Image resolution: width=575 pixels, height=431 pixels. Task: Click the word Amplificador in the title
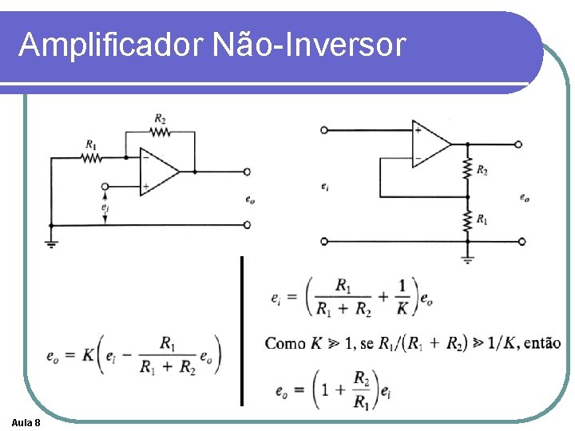(x=111, y=45)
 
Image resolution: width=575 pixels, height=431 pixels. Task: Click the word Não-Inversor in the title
(x=310, y=45)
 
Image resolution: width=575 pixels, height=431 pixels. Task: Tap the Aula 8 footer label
(x=27, y=421)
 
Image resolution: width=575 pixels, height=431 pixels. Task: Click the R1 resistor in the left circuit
(x=92, y=158)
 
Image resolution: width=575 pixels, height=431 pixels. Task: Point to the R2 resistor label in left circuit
(x=161, y=120)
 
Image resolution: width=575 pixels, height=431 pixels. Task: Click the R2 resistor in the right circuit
(x=467, y=169)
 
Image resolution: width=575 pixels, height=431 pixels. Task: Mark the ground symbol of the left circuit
(x=51, y=243)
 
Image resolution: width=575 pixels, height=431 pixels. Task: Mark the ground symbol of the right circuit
(x=467, y=258)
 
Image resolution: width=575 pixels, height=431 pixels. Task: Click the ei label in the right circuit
(x=323, y=186)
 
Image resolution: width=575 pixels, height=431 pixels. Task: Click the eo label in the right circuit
(x=524, y=197)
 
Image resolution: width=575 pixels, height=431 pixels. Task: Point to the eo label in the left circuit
(x=250, y=200)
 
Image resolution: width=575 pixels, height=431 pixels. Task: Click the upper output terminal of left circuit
(x=248, y=171)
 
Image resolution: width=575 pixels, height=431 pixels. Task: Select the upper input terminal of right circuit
(x=323, y=130)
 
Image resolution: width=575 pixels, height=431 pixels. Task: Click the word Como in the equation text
(x=285, y=343)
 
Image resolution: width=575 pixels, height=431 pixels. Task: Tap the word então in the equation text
(x=542, y=343)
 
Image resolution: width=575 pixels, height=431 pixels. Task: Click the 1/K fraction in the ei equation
(x=402, y=296)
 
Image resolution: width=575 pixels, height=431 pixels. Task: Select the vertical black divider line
(x=241, y=330)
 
